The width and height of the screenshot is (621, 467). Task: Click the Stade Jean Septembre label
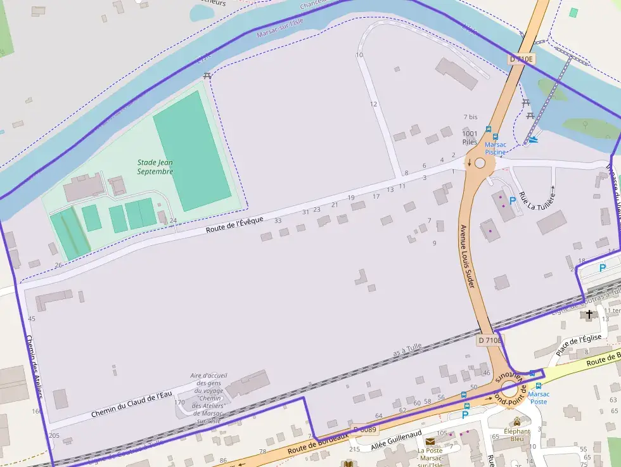pyautogui.click(x=155, y=167)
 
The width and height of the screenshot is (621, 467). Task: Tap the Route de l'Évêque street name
pyautogui.click(x=234, y=224)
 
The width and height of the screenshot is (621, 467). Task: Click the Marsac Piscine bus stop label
pyautogui.click(x=496, y=148)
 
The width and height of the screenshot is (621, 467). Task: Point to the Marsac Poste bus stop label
pyautogui.click(x=538, y=397)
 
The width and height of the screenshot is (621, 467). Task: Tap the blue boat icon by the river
pyautogui.click(x=533, y=139)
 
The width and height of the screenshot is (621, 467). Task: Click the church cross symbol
pyautogui.click(x=589, y=314)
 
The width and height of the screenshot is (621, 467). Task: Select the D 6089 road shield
pyautogui.click(x=364, y=429)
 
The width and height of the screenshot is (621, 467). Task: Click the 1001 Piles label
pyautogui.click(x=470, y=138)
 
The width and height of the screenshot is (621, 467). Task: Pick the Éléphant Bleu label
pyautogui.click(x=517, y=435)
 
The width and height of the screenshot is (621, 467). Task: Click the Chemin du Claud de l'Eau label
pyautogui.click(x=131, y=404)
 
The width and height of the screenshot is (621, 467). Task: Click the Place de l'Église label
pyautogui.click(x=578, y=345)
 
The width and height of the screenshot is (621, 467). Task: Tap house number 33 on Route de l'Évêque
pyautogui.click(x=278, y=221)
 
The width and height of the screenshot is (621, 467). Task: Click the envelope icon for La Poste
pyautogui.click(x=430, y=441)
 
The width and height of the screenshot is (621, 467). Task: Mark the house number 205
pyautogui.click(x=54, y=435)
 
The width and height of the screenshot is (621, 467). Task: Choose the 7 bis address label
pyautogui.click(x=470, y=117)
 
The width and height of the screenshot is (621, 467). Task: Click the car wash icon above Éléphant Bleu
pyautogui.click(x=517, y=421)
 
